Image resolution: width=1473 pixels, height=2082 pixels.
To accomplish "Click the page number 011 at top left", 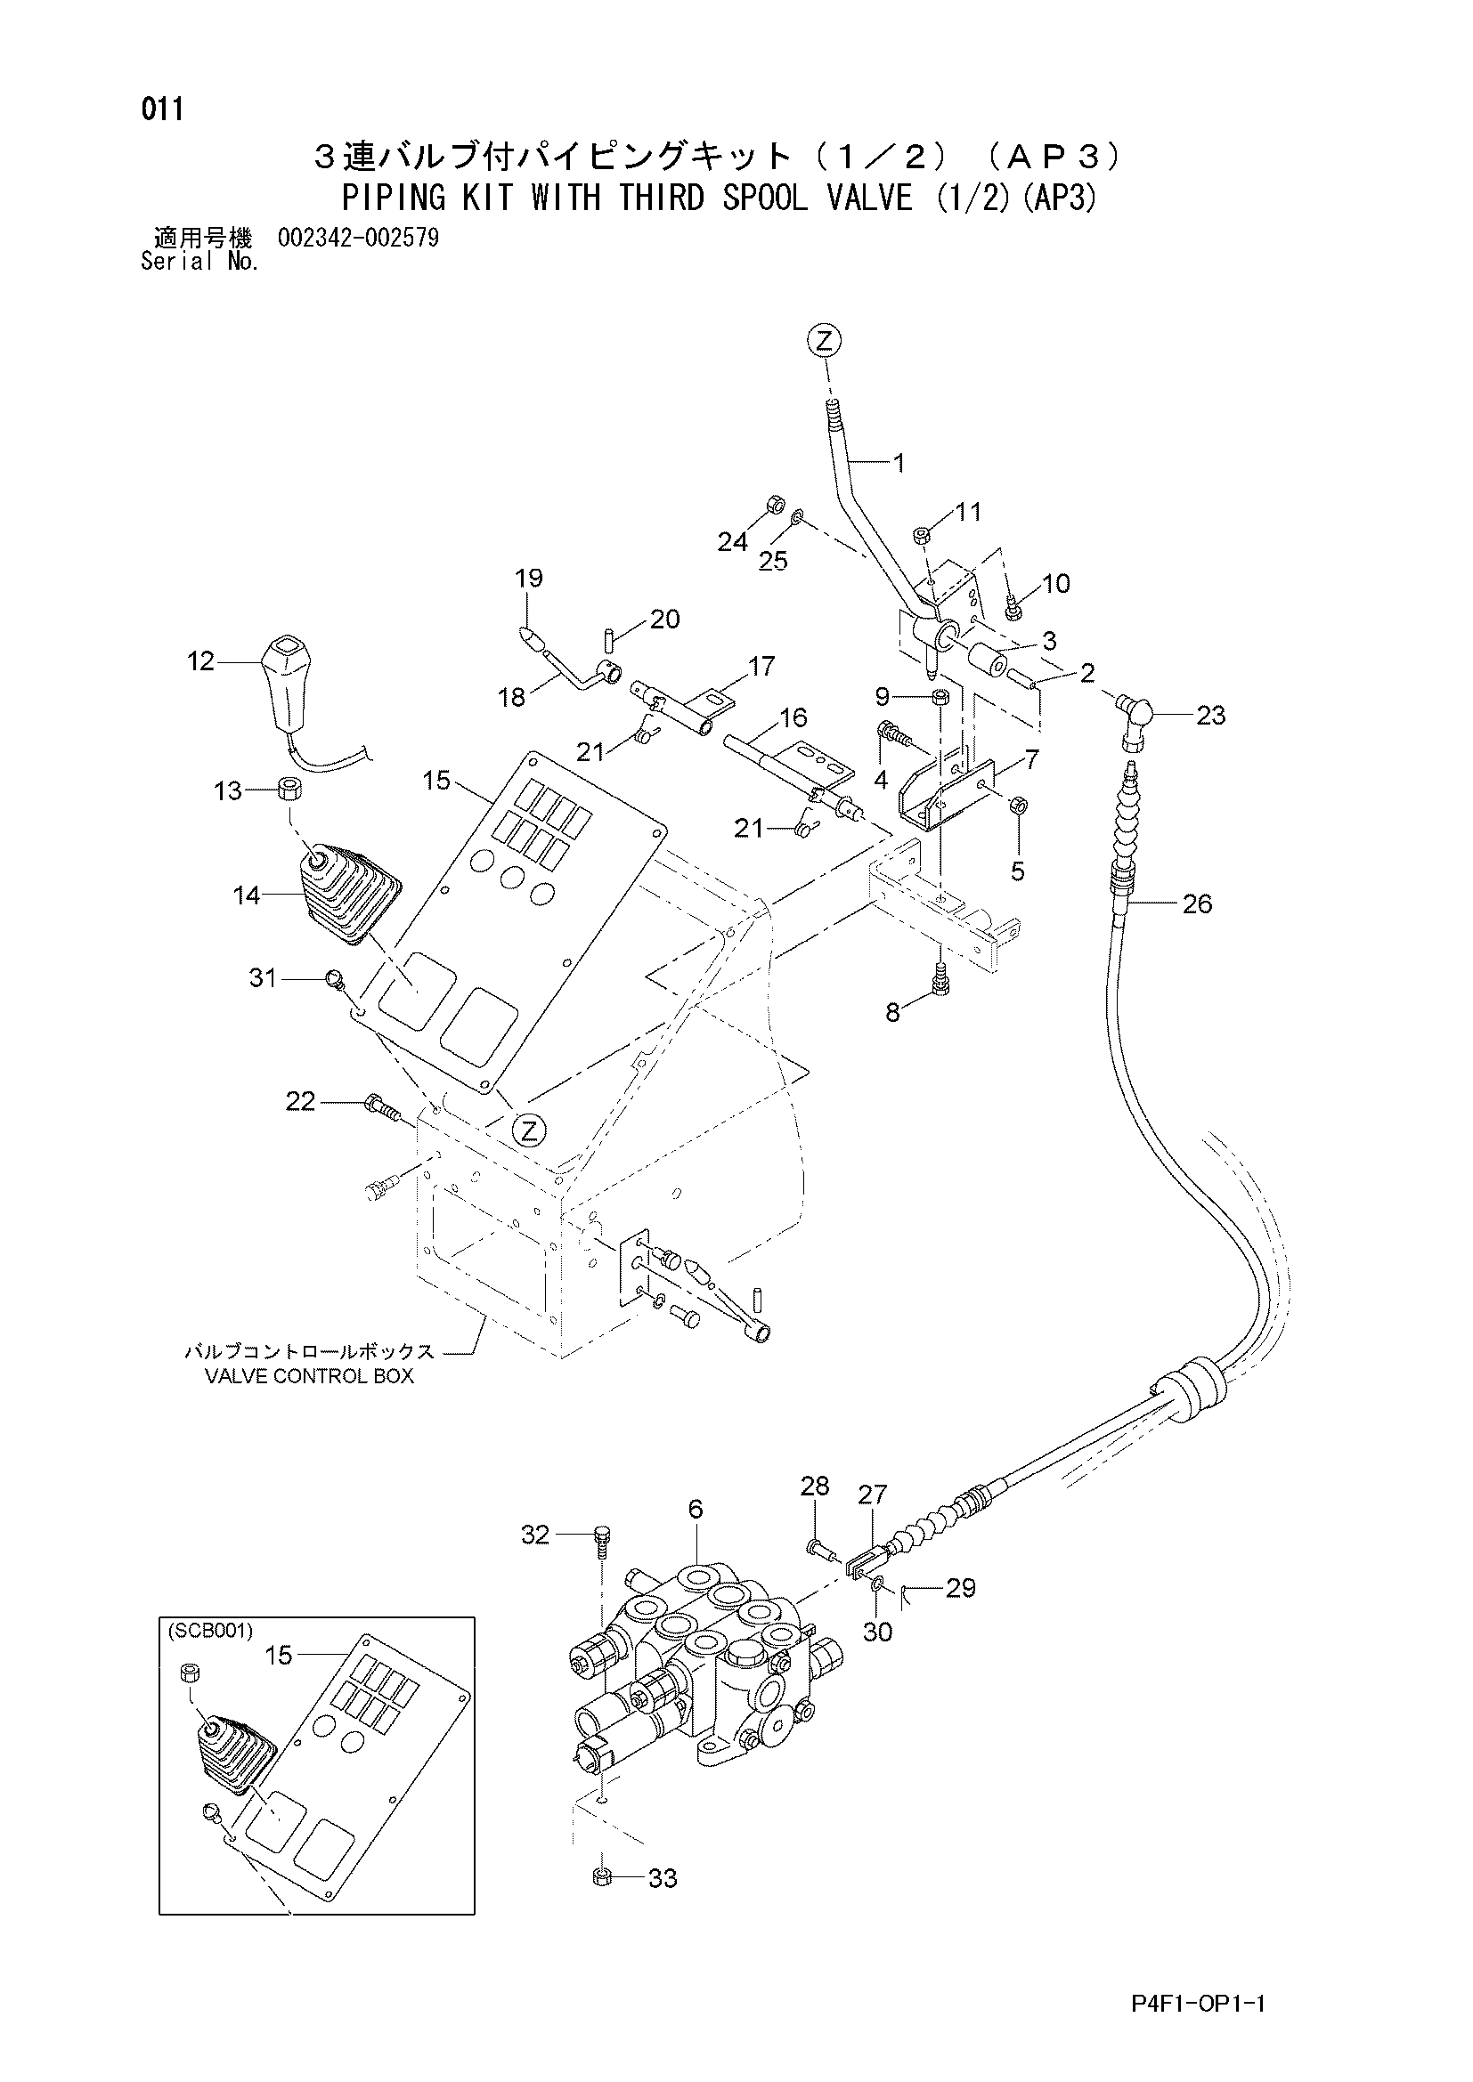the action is (162, 109).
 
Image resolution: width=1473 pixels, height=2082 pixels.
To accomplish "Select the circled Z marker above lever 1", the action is (824, 341).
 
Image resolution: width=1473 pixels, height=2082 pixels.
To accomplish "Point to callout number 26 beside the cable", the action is (1197, 903).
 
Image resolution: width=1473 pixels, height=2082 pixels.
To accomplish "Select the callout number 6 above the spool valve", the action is (696, 1509).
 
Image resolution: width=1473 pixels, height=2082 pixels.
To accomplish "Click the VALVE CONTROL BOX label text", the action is (309, 1375).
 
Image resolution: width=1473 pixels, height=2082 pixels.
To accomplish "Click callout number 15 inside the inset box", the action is (279, 1655).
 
